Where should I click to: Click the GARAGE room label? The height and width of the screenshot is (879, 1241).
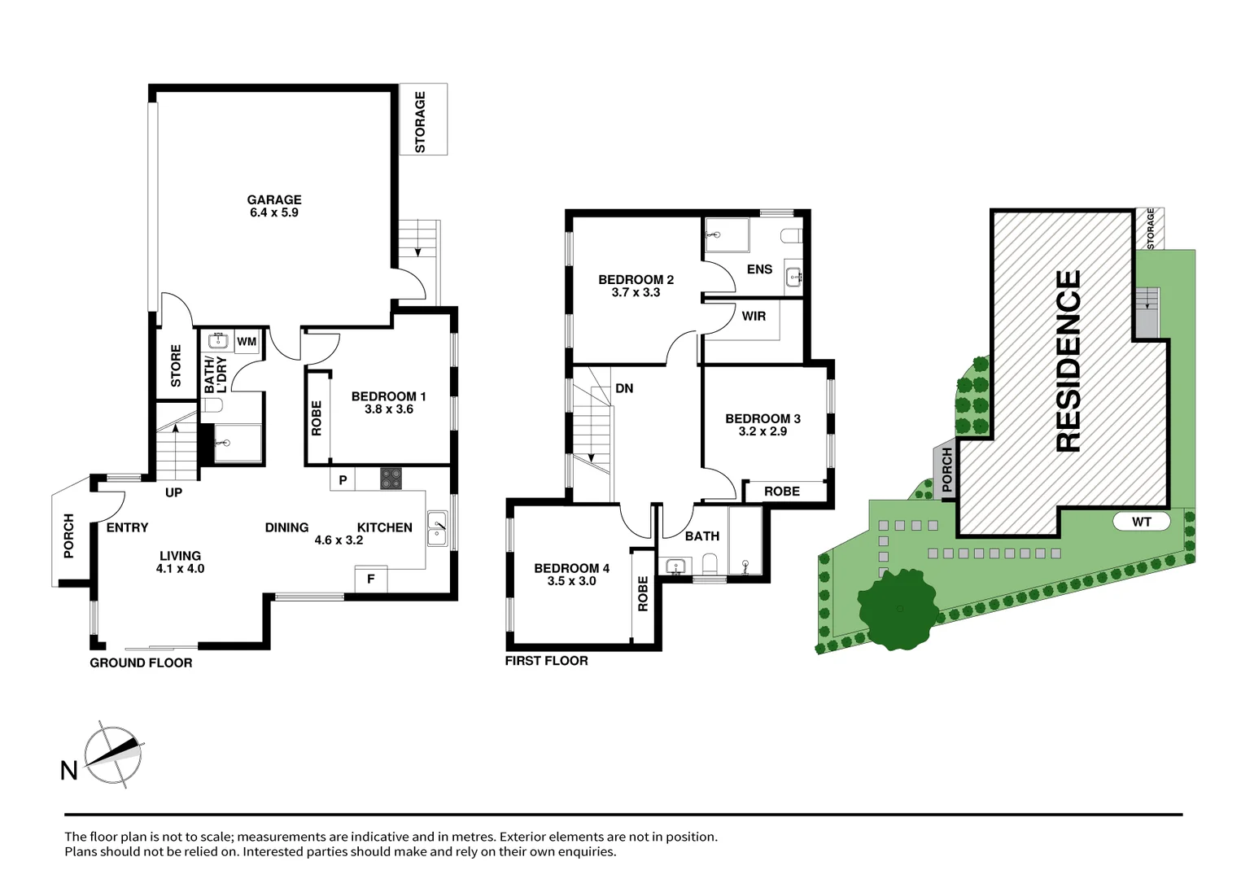(274, 199)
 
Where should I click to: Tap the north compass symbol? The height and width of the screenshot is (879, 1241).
(113, 754)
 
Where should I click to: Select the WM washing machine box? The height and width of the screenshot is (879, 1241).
(247, 342)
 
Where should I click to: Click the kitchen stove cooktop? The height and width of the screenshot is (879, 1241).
(391, 479)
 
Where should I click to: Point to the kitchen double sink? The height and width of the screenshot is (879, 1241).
(437, 528)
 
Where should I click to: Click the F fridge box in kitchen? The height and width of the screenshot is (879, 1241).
(371, 579)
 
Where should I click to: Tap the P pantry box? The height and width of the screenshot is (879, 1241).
(343, 480)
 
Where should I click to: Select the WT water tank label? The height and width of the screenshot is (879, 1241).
(1141, 522)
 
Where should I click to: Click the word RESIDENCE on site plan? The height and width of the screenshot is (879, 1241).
(1068, 361)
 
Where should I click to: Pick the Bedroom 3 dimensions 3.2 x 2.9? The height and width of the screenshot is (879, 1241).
(763, 431)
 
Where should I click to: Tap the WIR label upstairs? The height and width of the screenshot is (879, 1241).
(754, 316)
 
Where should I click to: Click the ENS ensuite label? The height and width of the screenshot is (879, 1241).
(759, 269)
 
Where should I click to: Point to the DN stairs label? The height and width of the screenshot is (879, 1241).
(624, 388)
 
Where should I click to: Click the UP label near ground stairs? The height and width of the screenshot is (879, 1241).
(173, 492)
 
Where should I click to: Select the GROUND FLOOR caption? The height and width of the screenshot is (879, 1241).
(141, 663)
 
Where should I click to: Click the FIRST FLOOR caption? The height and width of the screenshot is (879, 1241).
(546, 661)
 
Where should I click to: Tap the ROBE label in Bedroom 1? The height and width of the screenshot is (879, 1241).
(317, 418)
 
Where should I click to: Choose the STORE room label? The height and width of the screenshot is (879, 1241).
(176, 365)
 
